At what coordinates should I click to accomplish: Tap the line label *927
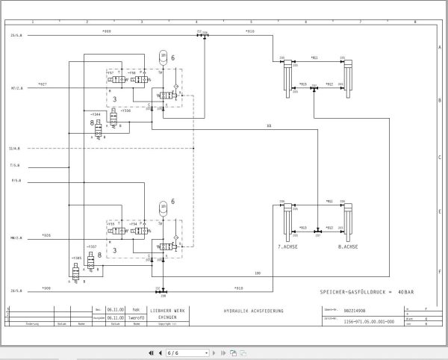click(43, 84)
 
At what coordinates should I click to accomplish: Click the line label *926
click(46, 235)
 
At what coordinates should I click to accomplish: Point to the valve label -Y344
click(95, 114)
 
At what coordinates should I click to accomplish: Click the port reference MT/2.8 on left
click(16, 87)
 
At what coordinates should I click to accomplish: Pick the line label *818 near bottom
click(239, 288)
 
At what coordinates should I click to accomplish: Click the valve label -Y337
click(91, 246)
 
